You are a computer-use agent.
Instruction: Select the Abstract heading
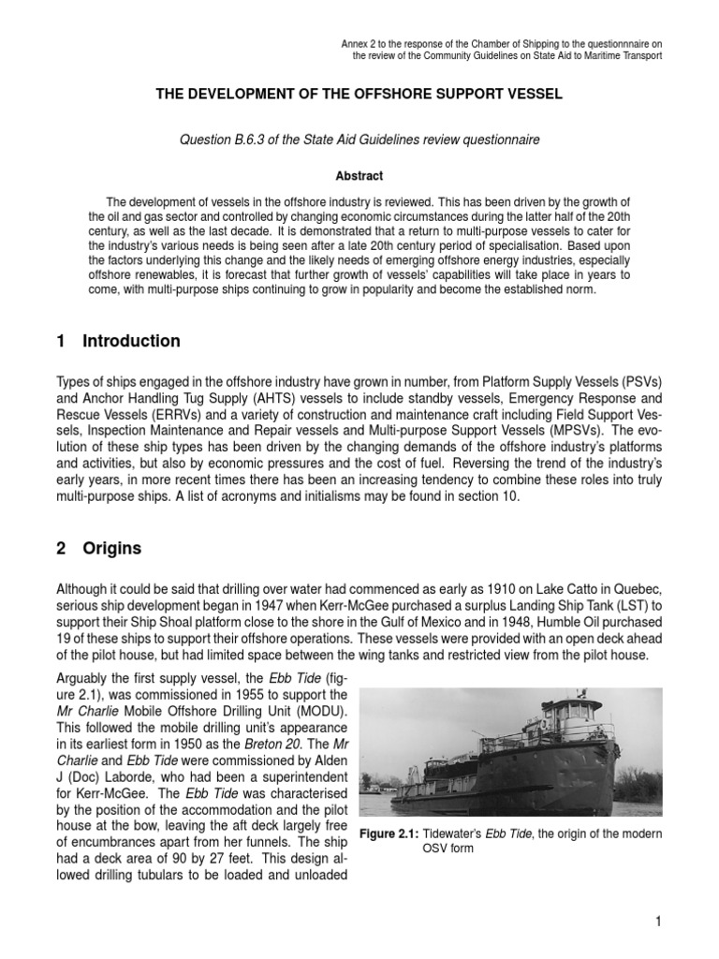pos(359,175)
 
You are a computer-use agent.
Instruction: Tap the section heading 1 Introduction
pos(118,341)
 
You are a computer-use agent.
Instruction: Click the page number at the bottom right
pos(658,922)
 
